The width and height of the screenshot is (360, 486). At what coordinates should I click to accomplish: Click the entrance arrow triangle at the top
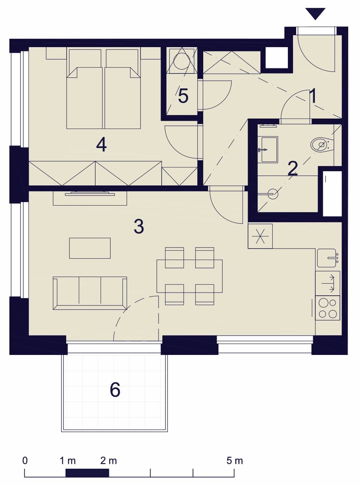[x=315, y=14]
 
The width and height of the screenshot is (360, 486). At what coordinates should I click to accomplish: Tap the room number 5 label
[x=183, y=96]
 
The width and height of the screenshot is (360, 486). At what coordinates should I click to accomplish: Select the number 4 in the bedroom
[x=101, y=146]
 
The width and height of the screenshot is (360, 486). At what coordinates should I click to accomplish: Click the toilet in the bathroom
[x=322, y=145]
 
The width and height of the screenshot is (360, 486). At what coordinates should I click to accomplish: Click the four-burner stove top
[x=327, y=308]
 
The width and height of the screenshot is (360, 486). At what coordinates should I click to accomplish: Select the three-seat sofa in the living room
[x=90, y=293]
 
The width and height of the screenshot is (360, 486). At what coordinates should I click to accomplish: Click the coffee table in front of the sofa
[x=90, y=248]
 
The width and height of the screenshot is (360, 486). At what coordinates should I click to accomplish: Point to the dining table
[x=189, y=276]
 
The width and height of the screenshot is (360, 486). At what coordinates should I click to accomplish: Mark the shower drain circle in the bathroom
[x=273, y=194]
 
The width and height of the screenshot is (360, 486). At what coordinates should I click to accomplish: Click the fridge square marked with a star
[x=260, y=236]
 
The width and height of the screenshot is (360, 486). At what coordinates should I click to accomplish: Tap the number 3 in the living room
[x=139, y=226]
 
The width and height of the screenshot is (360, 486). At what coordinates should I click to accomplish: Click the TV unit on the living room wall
[x=90, y=198]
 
